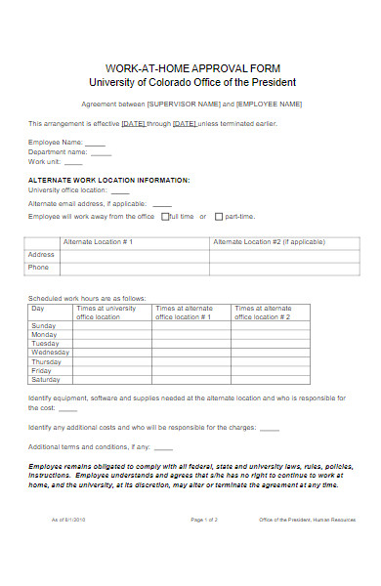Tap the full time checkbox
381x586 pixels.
tap(165, 216)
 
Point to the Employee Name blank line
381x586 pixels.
tap(95, 144)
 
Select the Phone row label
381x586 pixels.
tap(38, 267)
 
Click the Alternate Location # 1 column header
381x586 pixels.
tap(98, 240)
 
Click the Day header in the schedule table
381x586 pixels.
tap(38, 308)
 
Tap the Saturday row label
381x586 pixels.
tap(46, 379)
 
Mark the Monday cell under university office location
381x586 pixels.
tap(111, 334)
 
